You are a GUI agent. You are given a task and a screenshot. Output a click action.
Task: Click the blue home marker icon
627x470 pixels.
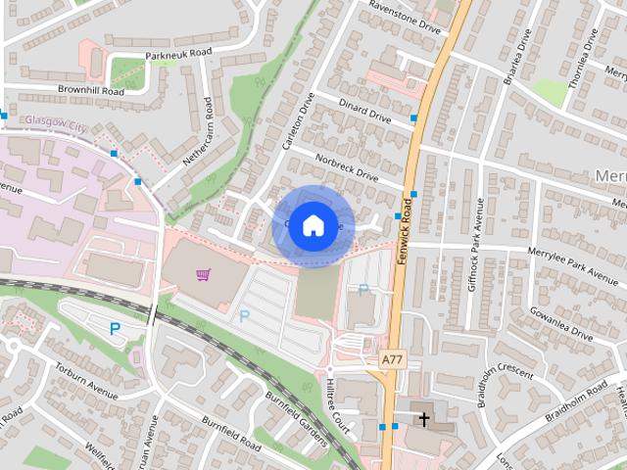click(313, 225)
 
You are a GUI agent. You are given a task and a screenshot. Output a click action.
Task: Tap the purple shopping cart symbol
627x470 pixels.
click(203, 275)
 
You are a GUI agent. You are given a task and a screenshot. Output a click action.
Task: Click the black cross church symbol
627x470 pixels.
click(424, 419)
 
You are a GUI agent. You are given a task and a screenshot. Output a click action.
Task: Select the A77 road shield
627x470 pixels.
click(392, 360)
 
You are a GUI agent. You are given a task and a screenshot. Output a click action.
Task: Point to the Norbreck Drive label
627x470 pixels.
click(346, 166)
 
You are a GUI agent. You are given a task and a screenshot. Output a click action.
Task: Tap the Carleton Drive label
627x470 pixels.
click(297, 121)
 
